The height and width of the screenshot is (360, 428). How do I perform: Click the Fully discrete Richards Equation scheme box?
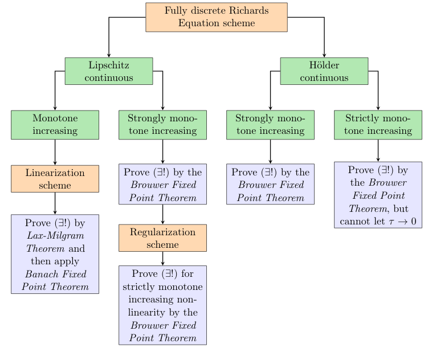point(216,17)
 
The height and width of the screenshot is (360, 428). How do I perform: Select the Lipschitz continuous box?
point(109,71)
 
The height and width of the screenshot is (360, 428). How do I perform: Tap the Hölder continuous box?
point(324,71)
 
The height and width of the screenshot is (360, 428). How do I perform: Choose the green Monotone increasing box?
point(55,125)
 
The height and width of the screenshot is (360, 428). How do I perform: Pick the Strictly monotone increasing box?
point(378,125)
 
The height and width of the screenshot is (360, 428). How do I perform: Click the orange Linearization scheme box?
point(55,179)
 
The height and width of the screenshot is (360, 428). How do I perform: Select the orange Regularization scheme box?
point(162,238)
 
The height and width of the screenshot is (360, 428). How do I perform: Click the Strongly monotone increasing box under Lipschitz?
point(162,125)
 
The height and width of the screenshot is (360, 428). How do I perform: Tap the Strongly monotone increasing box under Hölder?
point(270,125)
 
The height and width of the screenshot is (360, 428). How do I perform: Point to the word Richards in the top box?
point(248,11)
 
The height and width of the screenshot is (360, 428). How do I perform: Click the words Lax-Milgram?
point(55,236)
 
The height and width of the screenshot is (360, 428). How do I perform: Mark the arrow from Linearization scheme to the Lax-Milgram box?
point(55,203)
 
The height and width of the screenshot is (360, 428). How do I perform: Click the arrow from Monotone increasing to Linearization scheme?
point(55,152)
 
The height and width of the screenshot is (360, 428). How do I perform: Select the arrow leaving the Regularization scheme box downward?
point(162,259)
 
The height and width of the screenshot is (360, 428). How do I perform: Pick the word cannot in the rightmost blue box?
point(356,221)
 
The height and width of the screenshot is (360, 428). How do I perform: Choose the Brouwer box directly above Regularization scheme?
point(162,184)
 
